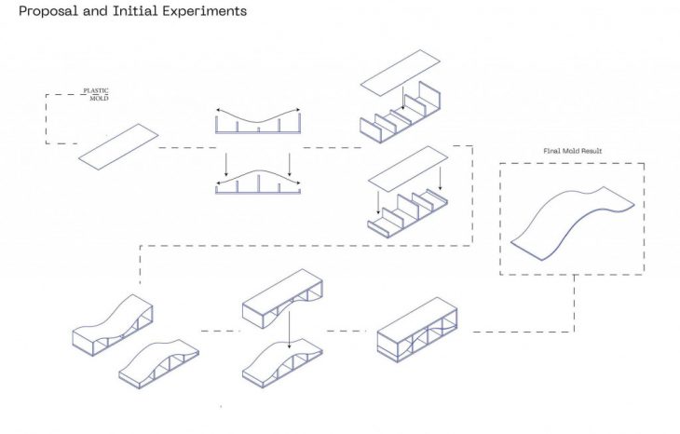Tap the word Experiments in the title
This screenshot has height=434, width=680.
[x=205, y=11]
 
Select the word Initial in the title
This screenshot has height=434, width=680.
[x=135, y=10]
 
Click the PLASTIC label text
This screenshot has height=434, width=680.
[x=96, y=90]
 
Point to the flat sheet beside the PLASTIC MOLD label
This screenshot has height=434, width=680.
[x=118, y=146]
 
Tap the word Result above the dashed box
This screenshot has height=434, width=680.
[x=592, y=151]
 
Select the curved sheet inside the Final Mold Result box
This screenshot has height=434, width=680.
[x=573, y=224]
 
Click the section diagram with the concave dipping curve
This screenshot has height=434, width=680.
[x=258, y=121]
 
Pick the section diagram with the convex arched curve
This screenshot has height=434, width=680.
[x=258, y=182]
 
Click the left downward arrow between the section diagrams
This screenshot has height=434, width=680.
[x=226, y=164]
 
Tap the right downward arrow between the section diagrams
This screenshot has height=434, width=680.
[x=290, y=164]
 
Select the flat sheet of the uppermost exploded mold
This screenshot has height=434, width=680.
[x=401, y=73]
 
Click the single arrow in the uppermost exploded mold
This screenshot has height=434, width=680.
[x=403, y=98]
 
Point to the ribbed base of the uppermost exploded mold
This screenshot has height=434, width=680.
[x=401, y=113]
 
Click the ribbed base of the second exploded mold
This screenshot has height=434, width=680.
[x=408, y=213]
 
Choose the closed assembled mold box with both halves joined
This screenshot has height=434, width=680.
[x=417, y=330]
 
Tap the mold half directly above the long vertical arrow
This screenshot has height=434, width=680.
[x=282, y=298]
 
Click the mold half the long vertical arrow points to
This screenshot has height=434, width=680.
[x=282, y=363]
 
